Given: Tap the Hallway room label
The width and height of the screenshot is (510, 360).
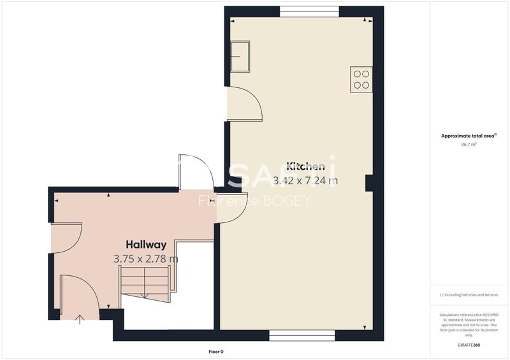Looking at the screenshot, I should (146, 245).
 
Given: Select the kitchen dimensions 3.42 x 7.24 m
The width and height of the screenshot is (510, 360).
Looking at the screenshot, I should (305, 181).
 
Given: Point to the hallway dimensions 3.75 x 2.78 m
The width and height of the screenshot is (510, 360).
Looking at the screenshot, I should (146, 259).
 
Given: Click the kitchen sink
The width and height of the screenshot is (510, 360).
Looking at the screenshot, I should (240, 55).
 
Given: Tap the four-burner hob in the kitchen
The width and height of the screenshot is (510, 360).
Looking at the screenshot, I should (361, 79).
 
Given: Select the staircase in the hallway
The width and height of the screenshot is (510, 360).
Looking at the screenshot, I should (145, 284).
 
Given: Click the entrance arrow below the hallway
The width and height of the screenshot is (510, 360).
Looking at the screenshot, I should (79, 319).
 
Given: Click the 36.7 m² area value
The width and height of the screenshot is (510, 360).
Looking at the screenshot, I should (469, 145).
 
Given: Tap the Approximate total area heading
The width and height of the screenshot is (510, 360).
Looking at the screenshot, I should (469, 136).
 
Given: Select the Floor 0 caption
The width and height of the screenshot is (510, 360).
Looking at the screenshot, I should (216, 352).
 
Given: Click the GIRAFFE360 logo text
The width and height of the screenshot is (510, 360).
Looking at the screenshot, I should (469, 345).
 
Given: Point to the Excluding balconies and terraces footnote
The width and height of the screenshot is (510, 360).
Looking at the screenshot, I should (469, 295).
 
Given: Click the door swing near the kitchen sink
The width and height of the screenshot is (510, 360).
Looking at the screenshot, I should (245, 103).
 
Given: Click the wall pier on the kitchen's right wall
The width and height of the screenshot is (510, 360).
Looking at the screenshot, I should (368, 184).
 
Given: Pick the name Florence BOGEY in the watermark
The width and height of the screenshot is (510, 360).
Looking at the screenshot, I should (254, 201).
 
